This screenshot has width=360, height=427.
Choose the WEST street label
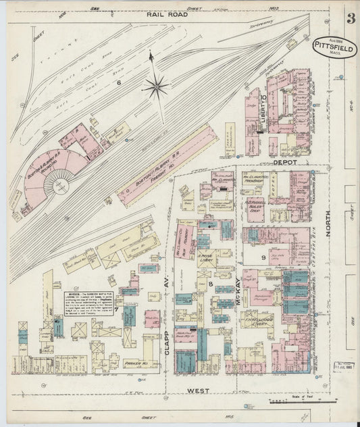click(199, 390)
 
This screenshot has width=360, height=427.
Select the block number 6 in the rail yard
click(118, 82)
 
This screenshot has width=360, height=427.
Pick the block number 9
click(262, 257)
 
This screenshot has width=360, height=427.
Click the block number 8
click(211, 284)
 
